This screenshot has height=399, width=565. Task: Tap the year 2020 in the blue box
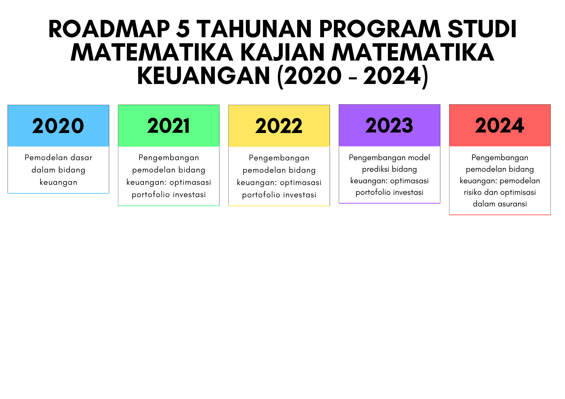(58, 126)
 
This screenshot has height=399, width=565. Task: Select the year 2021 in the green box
(168, 126)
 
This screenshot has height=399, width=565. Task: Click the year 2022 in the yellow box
(279, 126)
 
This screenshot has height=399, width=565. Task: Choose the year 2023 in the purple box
(389, 125)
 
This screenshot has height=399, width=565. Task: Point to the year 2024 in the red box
(500, 125)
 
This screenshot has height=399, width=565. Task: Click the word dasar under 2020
(81, 158)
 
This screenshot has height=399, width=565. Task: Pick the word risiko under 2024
(473, 192)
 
